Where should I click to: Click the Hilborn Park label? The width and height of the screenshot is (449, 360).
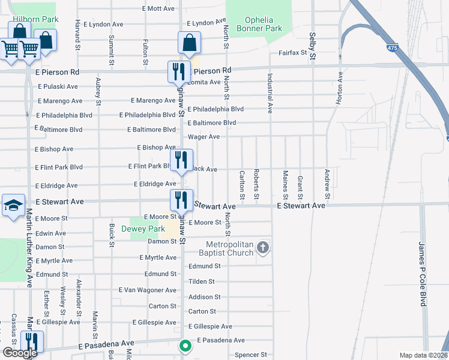pyautogui.click(x=37, y=19)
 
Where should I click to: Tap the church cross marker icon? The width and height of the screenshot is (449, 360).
pyautogui.click(x=262, y=247)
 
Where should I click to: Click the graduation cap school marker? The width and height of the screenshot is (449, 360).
pyautogui.click(x=13, y=206)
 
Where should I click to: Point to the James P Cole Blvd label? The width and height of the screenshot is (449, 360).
pyautogui.click(x=423, y=274)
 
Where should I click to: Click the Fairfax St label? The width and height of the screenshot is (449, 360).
pyautogui.click(x=292, y=53)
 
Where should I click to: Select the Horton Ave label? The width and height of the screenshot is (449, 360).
pyautogui.click(x=340, y=89)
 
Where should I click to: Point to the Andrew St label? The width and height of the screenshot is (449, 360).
pyautogui.click(x=327, y=184)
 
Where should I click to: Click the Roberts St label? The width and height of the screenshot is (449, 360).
pyautogui.click(x=256, y=184)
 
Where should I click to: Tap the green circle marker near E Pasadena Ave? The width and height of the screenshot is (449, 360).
pyautogui.click(x=185, y=346)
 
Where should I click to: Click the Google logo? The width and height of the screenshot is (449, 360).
pyautogui.click(x=20, y=353)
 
